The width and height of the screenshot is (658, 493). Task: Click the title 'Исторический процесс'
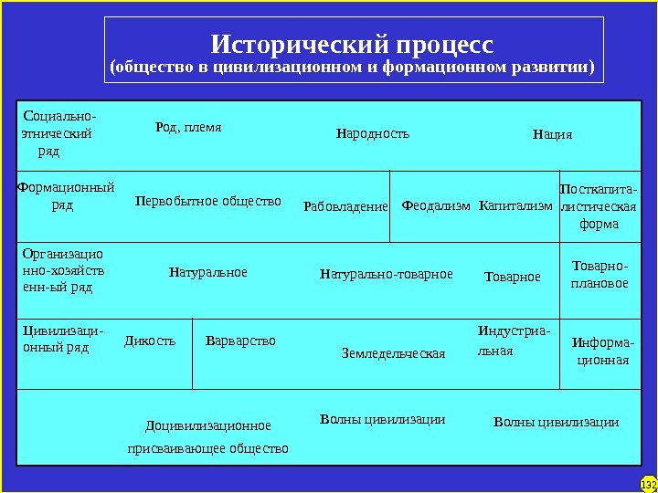pyautogui.click(x=352, y=44)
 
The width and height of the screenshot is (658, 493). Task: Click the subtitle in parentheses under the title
pyautogui.click(x=352, y=68)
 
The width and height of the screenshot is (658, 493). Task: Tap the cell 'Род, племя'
pyautogui.click(x=189, y=128)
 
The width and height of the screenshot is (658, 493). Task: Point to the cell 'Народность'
pyautogui.click(x=373, y=134)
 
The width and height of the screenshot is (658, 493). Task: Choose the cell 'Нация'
pyautogui.click(x=552, y=135)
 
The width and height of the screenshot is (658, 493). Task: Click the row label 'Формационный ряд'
pyautogui.click(x=65, y=197)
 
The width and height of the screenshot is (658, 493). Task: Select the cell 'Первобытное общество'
pyautogui.click(x=208, y=201)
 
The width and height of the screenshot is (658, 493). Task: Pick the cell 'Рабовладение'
pyautogui.click(x=345, y=206)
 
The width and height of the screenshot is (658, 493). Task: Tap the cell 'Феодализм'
pyautogui.click(x=436, y=206)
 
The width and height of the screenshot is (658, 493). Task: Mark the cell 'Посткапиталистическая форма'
pyautogui.click(x=599, y=206)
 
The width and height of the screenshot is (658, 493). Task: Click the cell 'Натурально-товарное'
pyautogui.click(x=387, y=274)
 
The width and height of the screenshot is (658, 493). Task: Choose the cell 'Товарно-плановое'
pyautogui.click(x=600, y=274)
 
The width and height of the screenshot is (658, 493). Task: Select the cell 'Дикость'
pyautogui.click(x=150, y=341)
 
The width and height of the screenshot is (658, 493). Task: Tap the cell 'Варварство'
pyautogui.click(x=240, y=341)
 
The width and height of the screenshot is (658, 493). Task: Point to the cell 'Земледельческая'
pyautogui.click(x=393, y=353)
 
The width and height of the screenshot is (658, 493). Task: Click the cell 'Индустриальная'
pyautogui.click(x=514, y=341)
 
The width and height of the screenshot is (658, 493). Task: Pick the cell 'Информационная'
pyautogui.click(x=600, y=351)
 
